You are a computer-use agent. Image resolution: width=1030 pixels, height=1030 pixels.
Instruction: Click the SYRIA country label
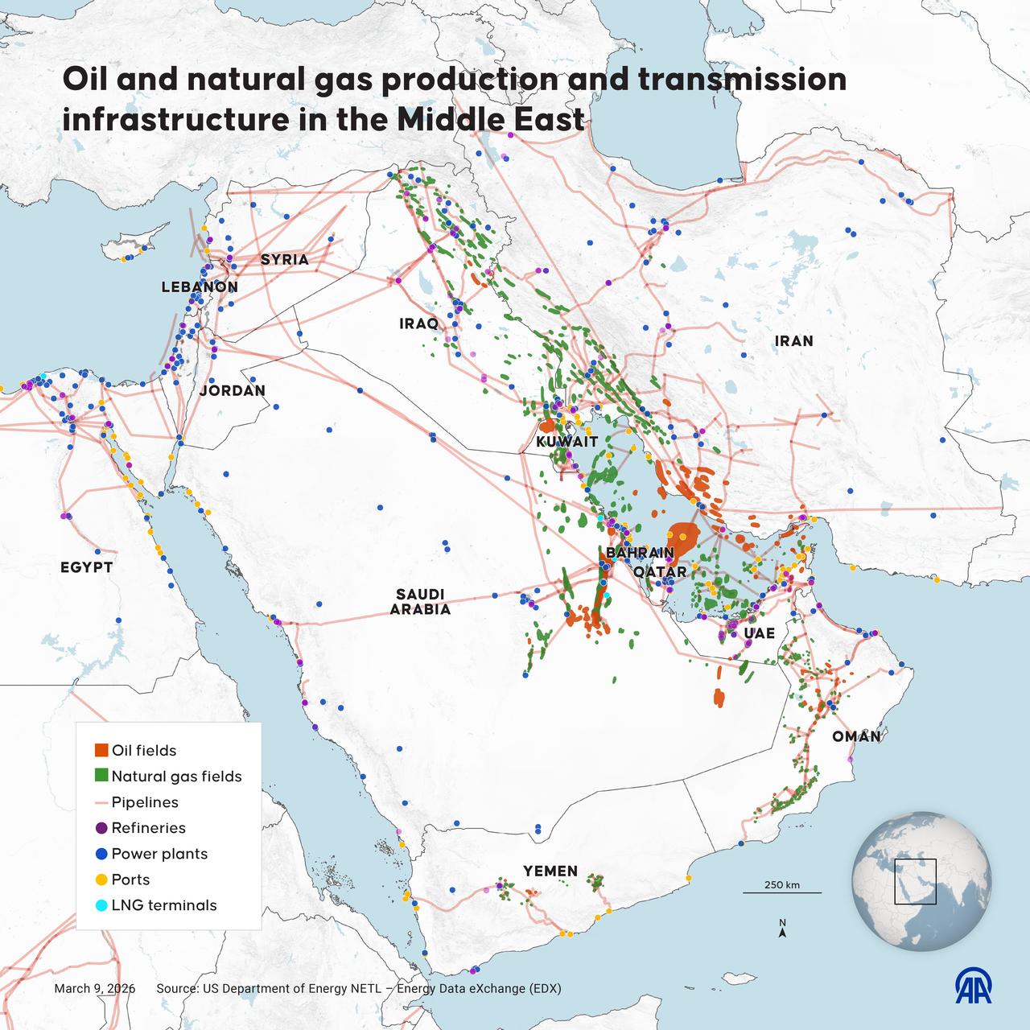click(x=284, y=260)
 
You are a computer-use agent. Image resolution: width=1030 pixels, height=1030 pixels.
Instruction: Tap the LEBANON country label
click(x=200, y=287)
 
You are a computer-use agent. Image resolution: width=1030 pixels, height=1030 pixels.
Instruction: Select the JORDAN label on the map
click(x=232, y=391)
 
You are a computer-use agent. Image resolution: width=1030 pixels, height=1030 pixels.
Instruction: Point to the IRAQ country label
click(x=419, y=324)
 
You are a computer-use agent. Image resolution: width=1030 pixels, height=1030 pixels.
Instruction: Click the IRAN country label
click(x=793, y=341)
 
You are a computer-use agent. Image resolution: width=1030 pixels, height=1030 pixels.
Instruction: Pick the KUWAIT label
click(x=567, y=442)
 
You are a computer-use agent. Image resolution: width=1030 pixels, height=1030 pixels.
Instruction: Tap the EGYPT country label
click(x=86, y=568)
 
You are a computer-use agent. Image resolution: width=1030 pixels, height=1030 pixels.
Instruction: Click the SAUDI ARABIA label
click(x=420, y=602)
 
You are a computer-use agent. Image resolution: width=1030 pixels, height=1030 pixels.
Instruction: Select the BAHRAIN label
click(x=640, y=554)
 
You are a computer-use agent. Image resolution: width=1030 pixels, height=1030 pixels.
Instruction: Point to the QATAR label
click(x=660, y=572)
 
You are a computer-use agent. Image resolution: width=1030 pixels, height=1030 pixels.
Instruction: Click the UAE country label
click(x=759, y=633)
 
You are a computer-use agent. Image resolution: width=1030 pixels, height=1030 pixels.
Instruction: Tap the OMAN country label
click(x=856, y=737)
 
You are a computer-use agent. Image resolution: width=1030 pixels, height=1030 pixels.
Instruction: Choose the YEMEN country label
click(x=550, y=871)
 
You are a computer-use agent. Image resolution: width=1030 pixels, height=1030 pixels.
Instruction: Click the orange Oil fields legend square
click(x=101, y=750)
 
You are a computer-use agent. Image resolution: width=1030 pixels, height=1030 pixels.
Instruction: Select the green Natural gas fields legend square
click(x=101, y=776)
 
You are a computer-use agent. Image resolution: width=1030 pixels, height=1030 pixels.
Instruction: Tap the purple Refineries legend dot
click(x=101, y=828)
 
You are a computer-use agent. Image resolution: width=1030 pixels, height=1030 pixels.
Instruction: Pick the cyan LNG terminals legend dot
click(x=101, y=905)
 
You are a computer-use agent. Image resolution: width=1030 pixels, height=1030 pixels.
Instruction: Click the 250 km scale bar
click(x=781, y=892)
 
